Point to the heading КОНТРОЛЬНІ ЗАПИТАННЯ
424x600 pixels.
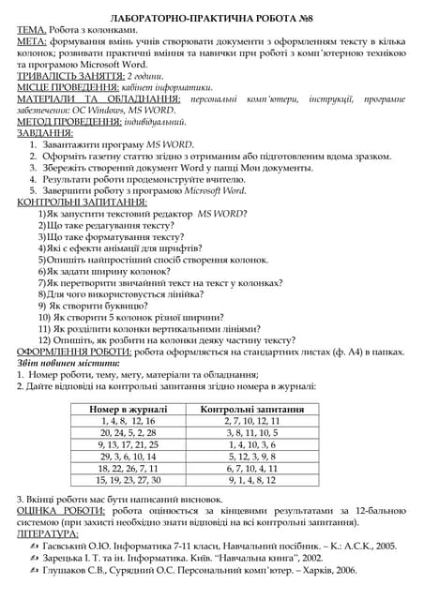point(83,202)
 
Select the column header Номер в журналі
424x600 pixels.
point(128,410)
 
